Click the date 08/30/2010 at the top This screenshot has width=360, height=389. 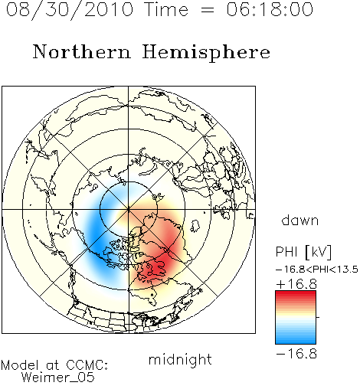[x=70, y=10]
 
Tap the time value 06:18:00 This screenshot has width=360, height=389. [x=270, y=9]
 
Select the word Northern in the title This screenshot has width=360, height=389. [x=82, y=51]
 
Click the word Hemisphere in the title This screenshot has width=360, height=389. [x=206, y=53]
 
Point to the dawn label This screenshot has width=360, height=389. [x=300, y=220]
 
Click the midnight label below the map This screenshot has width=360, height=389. [x=180, y=359]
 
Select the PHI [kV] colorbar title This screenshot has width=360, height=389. [x=303, y=252]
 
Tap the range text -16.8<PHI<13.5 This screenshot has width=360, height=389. [x=317, y=270]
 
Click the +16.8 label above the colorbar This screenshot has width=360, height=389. [x=296, y=284]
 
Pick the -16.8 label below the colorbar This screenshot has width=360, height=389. [x=296, y=354]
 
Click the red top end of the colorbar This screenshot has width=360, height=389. [x=296, y=293]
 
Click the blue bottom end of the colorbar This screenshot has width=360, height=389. [x=296, y=342]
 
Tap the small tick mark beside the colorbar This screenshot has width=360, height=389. [x=318, y=317]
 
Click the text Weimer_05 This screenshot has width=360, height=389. [x=58, y=378]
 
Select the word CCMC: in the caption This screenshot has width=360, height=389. [x=87, y=365]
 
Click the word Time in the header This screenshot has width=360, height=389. [x=166, y=9]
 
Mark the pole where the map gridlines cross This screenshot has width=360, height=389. [x=129, y=209]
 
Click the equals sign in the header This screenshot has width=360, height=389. [x=207, y=10]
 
